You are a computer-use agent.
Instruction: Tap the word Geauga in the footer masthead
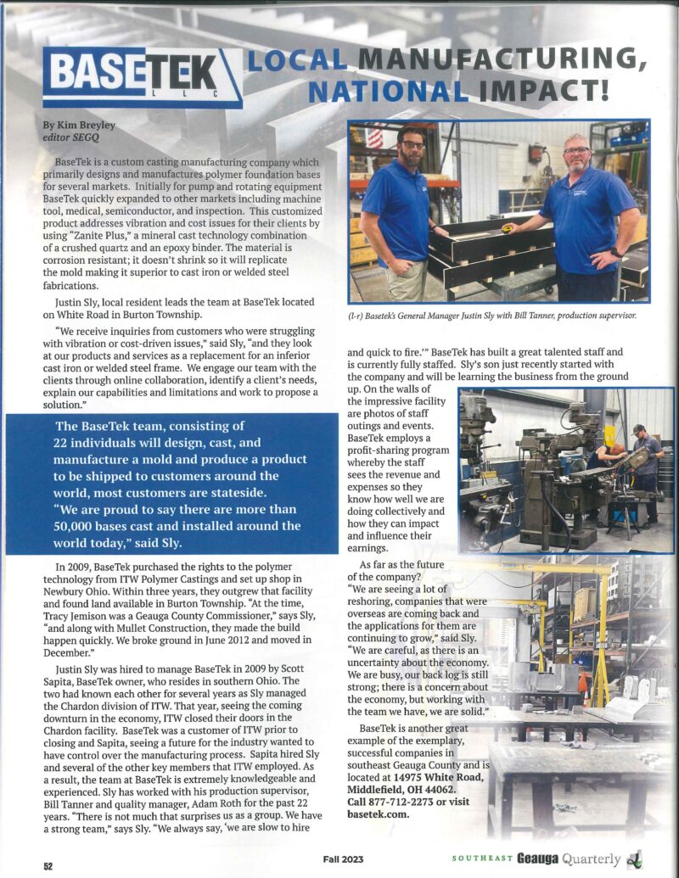[x=544, y=858]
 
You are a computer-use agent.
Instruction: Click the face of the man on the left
[x=412, y=145]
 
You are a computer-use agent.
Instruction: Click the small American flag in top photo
[x=374, y=138]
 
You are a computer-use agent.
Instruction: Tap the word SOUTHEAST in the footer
[x=482, y=858]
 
